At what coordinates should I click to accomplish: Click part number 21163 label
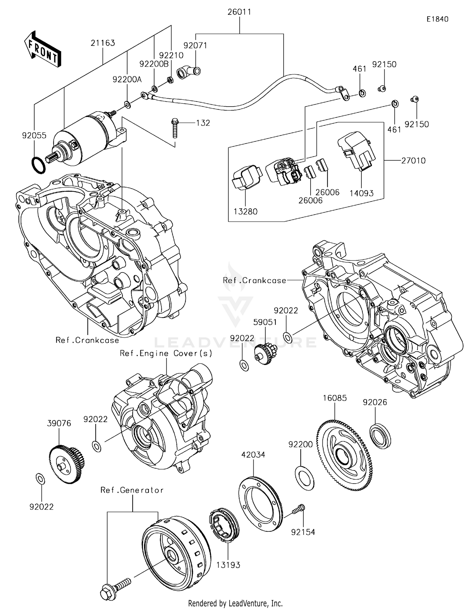tap(103, 43)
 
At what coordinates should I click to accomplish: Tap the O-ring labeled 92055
tap(39, 165)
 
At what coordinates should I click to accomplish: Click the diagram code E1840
tap(437, 19)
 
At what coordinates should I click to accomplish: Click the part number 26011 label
tap(239, 12)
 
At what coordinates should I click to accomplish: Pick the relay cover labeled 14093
tap(357, 151)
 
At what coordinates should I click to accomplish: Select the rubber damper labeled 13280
tap(246, 177)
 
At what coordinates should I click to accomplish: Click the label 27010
tap(413, 161)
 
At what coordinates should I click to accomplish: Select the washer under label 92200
tap(304, 478)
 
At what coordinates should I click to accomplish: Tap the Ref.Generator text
tap(132, 490)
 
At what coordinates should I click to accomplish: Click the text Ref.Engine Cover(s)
tap(166, 353)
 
